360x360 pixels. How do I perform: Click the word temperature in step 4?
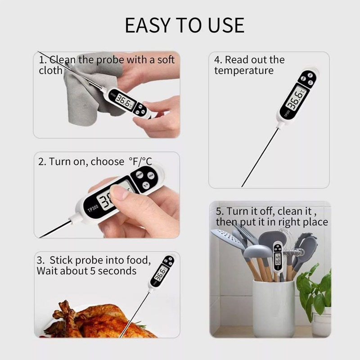243,71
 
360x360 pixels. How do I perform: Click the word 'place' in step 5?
315,222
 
